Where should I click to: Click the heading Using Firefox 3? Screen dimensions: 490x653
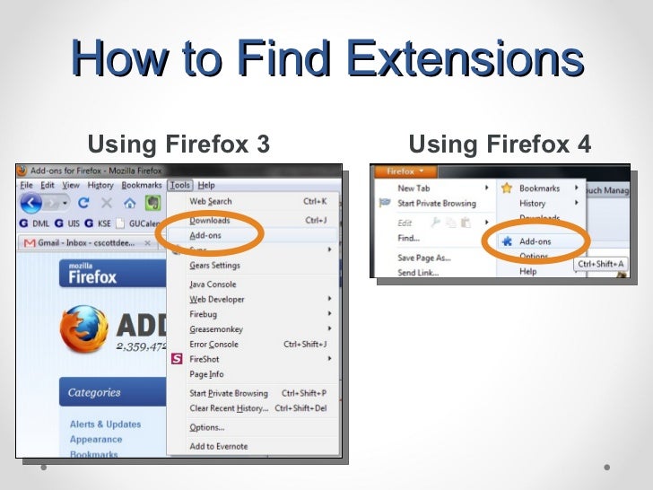[x=178, y=144]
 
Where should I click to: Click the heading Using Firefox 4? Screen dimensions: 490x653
[x=500, y=144]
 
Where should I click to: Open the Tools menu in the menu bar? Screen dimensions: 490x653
[x=178, y=185]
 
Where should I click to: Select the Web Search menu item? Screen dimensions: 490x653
[x=211, y=202]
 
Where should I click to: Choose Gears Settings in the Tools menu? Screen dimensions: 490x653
[x=214, y=266]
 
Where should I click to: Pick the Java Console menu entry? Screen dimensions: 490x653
[x=213, y=284]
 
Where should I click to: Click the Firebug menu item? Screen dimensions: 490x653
[x=204, y=314]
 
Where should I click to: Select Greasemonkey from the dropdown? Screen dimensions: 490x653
[x=215, y=329]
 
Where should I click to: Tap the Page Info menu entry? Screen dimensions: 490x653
[x=206, y=374]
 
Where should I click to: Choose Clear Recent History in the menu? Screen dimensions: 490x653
[x=229, y=408]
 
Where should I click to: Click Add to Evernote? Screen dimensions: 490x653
[x=218, y=446]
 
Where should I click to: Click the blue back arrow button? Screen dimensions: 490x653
[x=32, y=203]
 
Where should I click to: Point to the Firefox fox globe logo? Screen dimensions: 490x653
[x=83, y=329]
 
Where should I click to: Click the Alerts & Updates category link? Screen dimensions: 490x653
[x=105, y=424]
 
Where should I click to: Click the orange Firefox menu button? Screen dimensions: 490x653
[x=405, y=171]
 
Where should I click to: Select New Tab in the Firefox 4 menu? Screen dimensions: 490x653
[x=414, y=188]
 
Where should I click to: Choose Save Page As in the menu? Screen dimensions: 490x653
[x=423, y=258]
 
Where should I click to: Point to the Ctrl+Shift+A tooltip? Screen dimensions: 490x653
[x=600, y=264]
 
